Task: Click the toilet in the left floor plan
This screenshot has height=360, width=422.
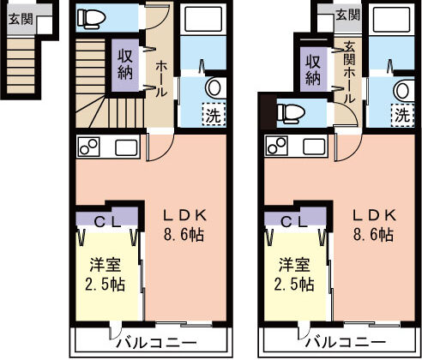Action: [x=92, y=19]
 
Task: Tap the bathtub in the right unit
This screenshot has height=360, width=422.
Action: [x=393, y=19]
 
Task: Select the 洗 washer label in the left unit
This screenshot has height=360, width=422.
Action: [x=214, y=115]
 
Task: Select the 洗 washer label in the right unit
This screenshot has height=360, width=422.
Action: [x=402, y=115]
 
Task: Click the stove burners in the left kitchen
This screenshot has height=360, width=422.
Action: [x=89, y=147]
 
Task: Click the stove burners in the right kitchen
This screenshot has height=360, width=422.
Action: [x=277, y=147]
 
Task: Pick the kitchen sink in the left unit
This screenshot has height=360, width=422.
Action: [x=126, y=147]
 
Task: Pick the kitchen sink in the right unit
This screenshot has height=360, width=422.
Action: [x=314, y=147]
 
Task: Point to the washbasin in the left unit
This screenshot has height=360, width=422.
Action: [x=214, y=87]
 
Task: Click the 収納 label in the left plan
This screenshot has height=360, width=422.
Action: [x=125, y=64]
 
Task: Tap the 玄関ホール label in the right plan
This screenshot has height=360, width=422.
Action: [x=349, y=72]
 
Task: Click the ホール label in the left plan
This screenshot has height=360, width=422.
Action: [x=160, y=79]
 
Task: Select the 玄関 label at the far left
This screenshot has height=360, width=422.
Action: [x=21, y=19]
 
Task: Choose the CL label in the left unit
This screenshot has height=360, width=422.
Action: [x=108, y=222]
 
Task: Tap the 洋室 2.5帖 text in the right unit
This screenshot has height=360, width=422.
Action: [x=294, y=274]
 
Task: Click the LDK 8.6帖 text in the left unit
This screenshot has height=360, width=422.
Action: [x=184, y=225]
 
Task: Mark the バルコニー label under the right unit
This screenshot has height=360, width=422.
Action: [x=346, y=342]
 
